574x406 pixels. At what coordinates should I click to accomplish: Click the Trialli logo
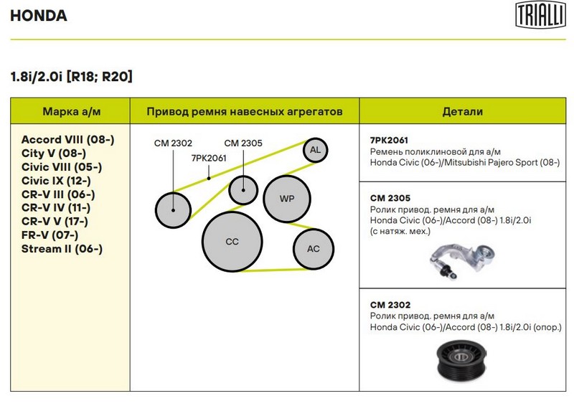pos(540,14)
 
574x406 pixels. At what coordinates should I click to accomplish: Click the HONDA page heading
pos(39,15)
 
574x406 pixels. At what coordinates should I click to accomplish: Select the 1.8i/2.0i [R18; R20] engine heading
pos(71,77)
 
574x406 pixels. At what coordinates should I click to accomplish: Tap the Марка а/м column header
pos(71,111)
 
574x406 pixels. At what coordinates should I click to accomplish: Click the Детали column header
pos(462,111)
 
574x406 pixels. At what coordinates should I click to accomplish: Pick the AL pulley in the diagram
pos(315,150)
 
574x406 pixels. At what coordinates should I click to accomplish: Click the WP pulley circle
pos(287,199)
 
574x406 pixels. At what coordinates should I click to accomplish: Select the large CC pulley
pos(232,242)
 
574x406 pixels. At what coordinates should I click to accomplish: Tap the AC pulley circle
pos(314,249)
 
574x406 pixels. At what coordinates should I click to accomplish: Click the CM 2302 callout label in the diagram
pos(173,143)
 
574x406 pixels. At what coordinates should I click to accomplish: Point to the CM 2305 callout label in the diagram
pos(243,143)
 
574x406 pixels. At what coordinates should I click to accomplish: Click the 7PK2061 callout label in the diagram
pos(209,158)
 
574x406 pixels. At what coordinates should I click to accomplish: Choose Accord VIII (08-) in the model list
pos(67,139)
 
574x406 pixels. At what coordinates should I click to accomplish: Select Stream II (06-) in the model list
pos(62,249)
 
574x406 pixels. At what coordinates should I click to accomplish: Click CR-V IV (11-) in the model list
pos(56,207)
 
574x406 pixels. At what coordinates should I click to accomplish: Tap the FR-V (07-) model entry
pos(50,235)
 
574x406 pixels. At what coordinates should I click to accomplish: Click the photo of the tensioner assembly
pos(462,261)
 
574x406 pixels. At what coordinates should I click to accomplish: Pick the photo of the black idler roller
pos(462,362)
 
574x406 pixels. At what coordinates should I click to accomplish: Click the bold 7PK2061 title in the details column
pos(389,140)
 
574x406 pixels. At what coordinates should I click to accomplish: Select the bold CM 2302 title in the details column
pos(390,305)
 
